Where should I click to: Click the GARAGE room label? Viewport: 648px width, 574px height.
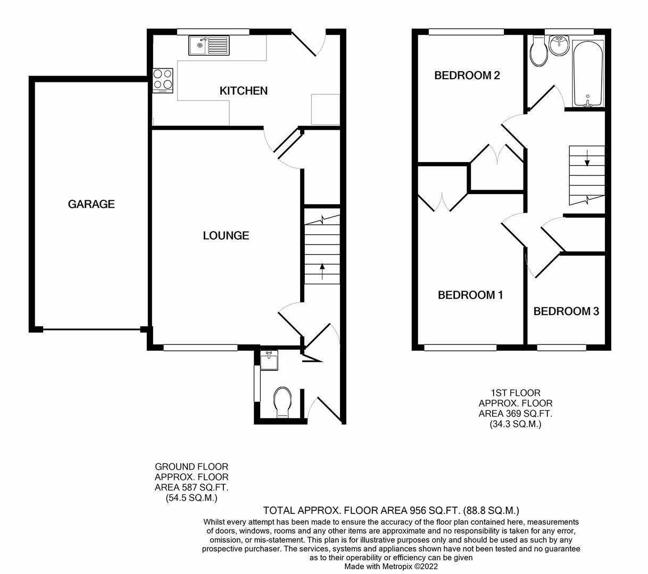coord(91,204)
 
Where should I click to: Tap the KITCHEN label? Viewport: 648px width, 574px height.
coord(243,91)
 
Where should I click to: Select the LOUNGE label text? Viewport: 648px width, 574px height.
coord(226,235)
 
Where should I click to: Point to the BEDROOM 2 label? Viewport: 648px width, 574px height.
coord(467,75)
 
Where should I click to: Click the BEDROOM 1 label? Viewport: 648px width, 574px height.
coord(470,295)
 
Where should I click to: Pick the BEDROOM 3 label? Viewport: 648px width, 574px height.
coord(566,311)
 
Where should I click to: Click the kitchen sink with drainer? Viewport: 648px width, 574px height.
coord(209,45)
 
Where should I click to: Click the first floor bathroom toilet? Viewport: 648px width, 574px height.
coord(539,52)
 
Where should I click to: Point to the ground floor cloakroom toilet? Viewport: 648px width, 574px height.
coord(282,402)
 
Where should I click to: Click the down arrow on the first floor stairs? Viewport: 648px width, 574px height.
coord(587,157)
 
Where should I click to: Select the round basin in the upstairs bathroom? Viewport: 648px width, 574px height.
coord(559,46)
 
